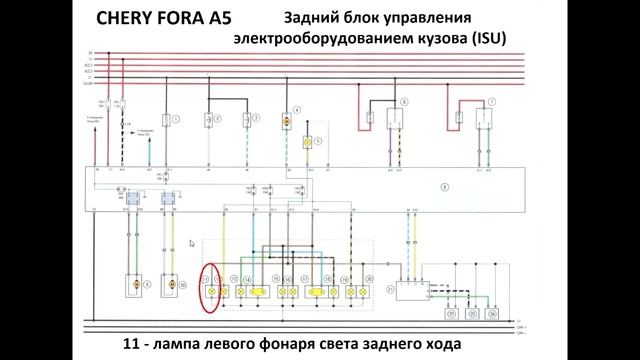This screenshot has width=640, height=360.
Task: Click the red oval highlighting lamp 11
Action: point(211,283)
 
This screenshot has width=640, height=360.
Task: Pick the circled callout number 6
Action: point(405,102)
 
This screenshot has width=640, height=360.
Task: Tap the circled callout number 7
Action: point(492,102)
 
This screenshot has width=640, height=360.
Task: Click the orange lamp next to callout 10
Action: point(169,285)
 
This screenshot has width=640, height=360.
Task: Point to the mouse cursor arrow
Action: point(192,242)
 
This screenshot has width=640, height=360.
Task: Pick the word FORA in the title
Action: point(175,19)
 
